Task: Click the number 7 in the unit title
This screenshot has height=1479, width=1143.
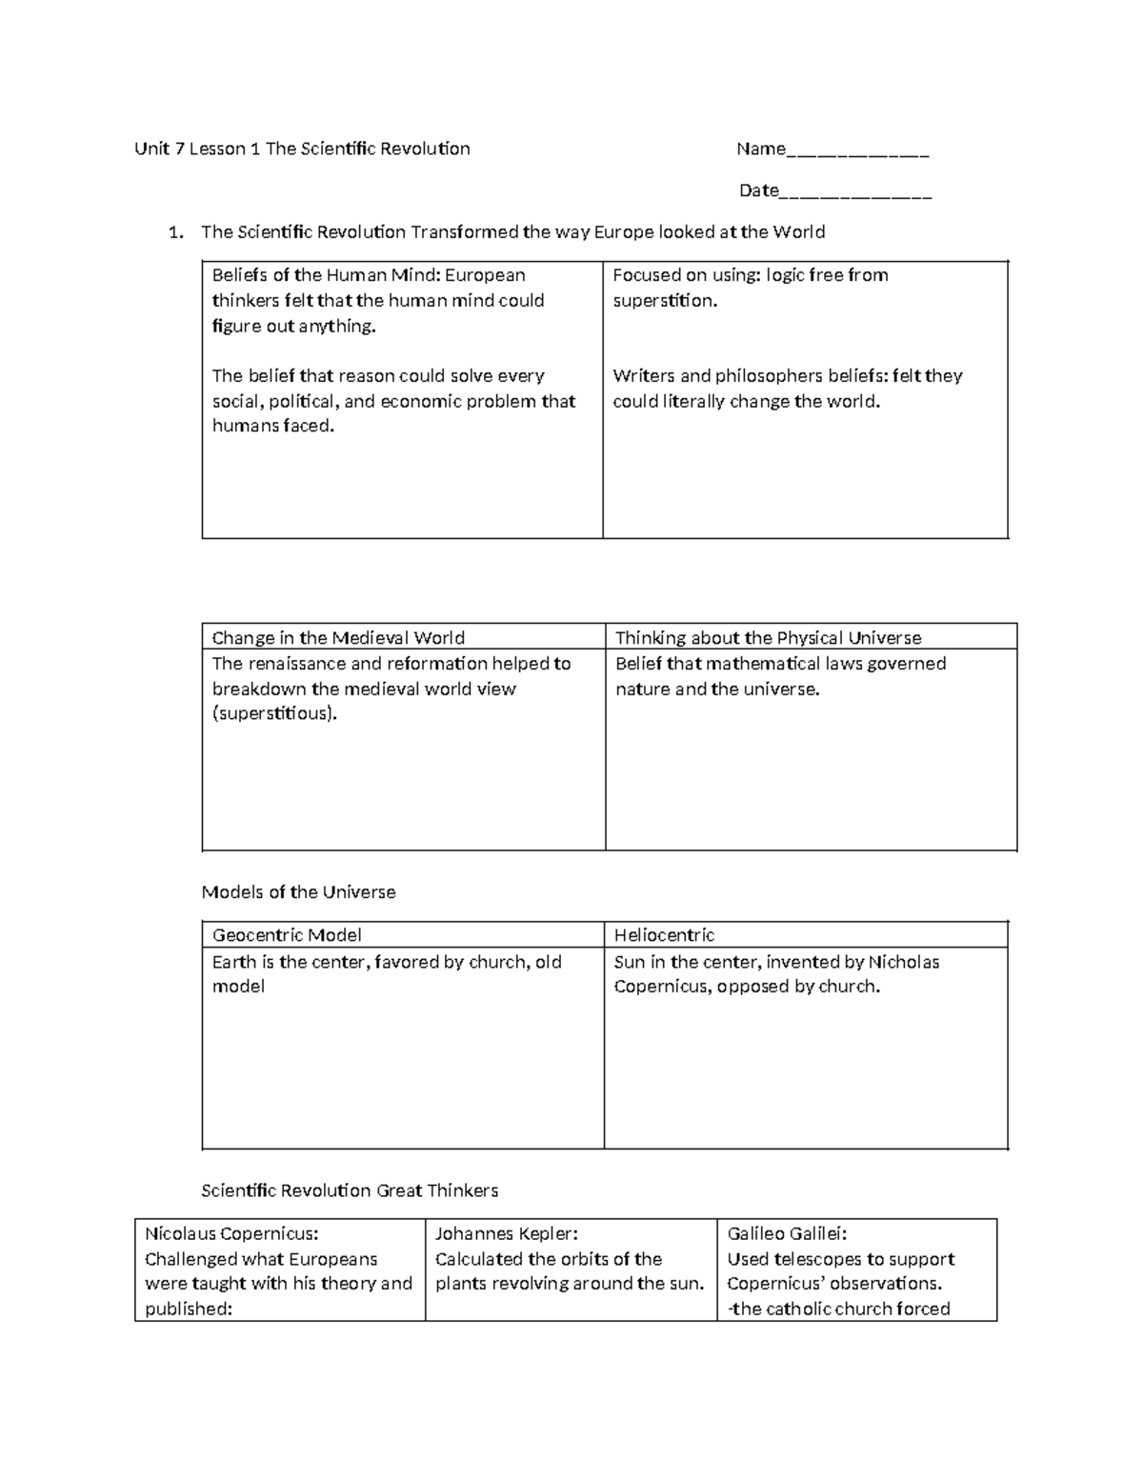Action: (179, 149)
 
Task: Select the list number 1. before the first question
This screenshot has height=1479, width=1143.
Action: (175, 232)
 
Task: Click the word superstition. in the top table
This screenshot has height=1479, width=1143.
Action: (665, 301)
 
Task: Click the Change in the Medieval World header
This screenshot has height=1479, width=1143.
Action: (338, 638)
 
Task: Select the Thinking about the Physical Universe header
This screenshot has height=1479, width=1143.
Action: (768, 638)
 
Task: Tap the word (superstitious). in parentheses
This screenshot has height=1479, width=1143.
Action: (274, 713)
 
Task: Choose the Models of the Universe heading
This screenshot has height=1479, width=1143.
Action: (298, 892)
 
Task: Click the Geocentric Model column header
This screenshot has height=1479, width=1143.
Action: (287, 935)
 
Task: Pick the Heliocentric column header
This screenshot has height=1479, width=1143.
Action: (664, 935)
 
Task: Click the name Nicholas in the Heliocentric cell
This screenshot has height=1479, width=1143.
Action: (903, 962)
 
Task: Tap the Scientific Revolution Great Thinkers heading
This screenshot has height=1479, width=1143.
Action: (350, 1190)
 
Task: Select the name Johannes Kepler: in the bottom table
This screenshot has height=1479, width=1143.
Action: (506, 1234)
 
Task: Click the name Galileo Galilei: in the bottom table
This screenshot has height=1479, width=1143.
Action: (787, 1234)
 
